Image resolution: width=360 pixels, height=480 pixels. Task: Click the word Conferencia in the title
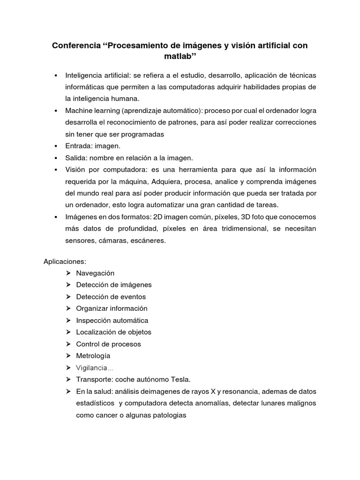coord(75,46)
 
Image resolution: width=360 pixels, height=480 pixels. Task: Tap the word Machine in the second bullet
coord(79,110)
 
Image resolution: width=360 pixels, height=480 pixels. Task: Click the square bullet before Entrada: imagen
coord(56,146)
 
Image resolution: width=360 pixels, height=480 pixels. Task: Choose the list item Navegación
coord(95,273)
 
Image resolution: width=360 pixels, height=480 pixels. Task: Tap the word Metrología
coord(93,355)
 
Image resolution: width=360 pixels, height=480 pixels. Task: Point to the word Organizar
coord(92,308)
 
